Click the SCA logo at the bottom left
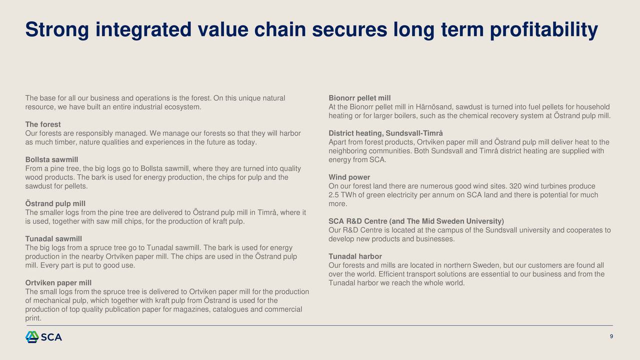pos(43,337)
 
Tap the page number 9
pos(611,336)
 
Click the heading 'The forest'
pos(43,124)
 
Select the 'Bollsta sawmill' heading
pos(51,159)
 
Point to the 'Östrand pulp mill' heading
pos(55,203)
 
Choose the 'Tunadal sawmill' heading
pos(53,238)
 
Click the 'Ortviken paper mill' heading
pos(58,282)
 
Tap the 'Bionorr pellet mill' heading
pos(359,98)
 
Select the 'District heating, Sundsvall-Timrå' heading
pos(385,133)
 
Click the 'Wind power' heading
pos(349,177)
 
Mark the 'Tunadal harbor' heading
pos(355,256)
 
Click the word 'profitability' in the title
pos(544,29)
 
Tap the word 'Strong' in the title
pos(57,29)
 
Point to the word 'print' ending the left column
pos(33,318)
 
